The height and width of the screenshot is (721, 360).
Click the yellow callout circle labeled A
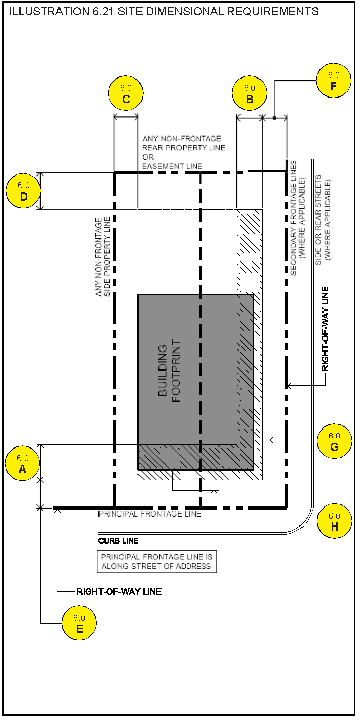pos(23,464)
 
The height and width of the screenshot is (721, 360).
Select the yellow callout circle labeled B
pos(250,94)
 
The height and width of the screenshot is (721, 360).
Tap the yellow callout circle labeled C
pos(126,94)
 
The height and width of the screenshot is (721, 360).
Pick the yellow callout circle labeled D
pos(23,191)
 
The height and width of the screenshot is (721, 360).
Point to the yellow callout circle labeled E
pos(79,623)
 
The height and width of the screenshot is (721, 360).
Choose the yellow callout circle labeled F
pos(333,81)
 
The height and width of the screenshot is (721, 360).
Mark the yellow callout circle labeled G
pos(334,441)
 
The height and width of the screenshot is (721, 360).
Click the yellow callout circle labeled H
pos(334,521)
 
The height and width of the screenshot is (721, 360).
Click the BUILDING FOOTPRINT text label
pos(169,371)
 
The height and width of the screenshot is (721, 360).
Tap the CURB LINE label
pos(118,541)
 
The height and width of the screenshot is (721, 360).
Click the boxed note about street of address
pos(156,561)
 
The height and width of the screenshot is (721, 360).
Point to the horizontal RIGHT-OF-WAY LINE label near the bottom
pos(119,592)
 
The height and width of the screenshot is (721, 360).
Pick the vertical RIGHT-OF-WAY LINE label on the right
pos(326,328)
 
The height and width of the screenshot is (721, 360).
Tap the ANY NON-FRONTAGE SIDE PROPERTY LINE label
pos(103,257)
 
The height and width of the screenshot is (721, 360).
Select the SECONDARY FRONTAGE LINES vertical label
pos(297,218)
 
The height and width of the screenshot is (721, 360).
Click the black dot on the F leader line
pos(274,118)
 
